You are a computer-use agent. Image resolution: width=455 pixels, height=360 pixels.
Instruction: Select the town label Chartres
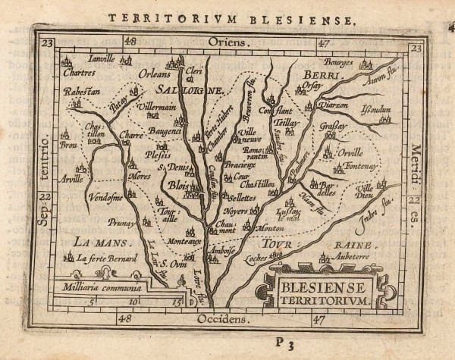tap(80, 74)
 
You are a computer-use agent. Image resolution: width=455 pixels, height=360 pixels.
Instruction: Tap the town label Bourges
tap(339, 61)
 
